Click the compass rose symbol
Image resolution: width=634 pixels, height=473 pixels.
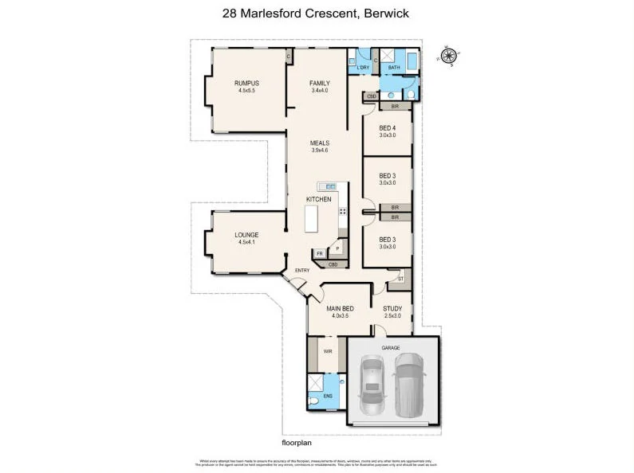tap(450, 56)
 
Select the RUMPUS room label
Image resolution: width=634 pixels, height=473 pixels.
tap(246, 84)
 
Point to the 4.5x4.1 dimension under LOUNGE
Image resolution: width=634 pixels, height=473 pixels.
tap(246, 242)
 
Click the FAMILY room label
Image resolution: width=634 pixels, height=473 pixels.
tap(319, 84)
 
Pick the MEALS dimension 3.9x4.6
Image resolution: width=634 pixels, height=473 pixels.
tap(319, 150)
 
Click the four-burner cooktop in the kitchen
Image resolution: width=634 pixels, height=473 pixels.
tap(343, 211)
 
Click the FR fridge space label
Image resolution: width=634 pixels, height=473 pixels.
tap(320, 254)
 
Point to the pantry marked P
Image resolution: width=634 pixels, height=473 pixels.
tap(337, 248)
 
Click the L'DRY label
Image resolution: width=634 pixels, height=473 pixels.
tap(363, 68)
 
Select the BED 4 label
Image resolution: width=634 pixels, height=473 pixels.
tap(387, 128)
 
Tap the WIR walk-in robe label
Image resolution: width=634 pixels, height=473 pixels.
tap(327, 350)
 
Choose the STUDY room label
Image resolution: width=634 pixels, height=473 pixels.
tap(392, 308)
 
